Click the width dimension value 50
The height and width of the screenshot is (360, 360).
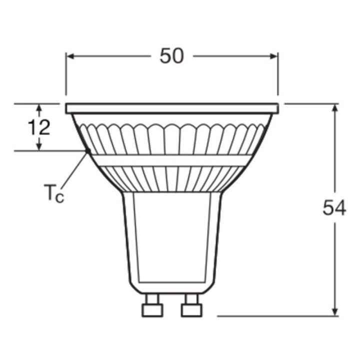(171, 56)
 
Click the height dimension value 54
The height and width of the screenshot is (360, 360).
(333, 207)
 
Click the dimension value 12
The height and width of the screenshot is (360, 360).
(38, 127)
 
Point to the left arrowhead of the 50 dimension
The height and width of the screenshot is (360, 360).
(70, 56)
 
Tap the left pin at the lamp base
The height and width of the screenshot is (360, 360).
(149, 305)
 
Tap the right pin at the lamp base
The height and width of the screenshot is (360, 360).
(189, 305)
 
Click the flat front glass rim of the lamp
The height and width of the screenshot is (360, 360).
(171, 108)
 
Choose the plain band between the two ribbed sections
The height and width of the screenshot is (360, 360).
(171, 160)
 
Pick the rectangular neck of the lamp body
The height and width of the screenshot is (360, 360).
(171, 240)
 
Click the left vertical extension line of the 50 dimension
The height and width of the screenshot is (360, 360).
(65, 75)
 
